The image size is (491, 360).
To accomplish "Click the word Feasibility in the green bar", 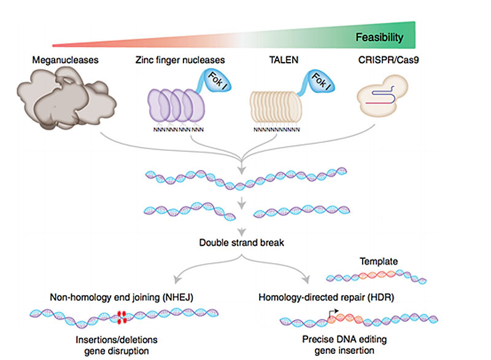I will (x=379, y=37).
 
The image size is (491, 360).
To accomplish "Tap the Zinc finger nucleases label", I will (x=179, y=60).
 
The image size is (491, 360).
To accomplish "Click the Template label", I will (x=379, y=261).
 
